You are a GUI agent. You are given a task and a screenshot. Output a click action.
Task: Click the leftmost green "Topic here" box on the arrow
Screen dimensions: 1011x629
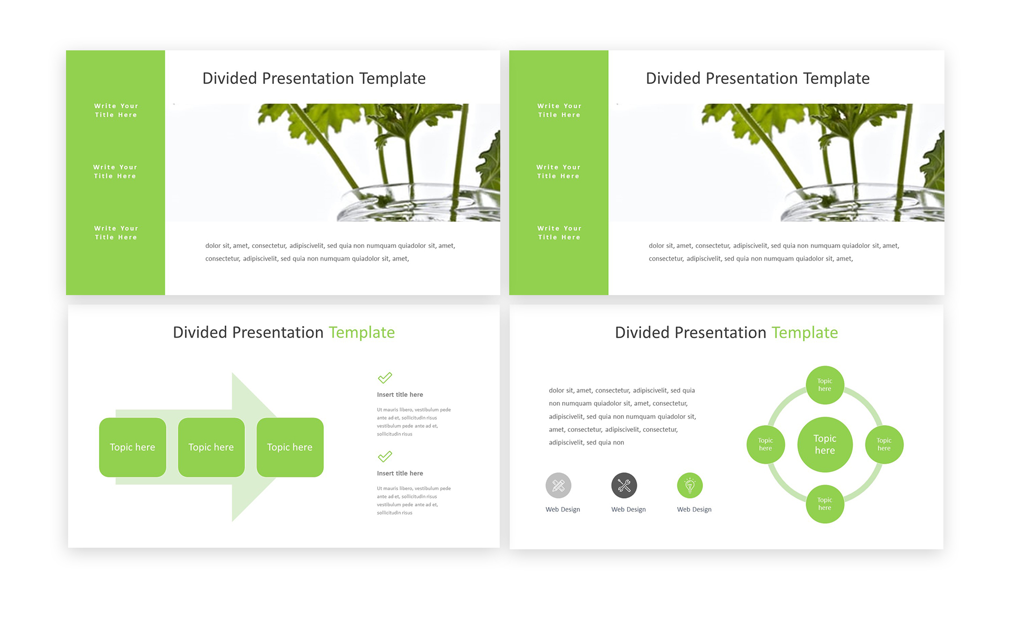pos(133,447)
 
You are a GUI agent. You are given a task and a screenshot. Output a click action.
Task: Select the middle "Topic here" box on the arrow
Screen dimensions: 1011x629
pos(211,447)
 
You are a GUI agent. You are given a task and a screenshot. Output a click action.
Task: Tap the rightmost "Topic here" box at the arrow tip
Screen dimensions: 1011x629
pos(290,447)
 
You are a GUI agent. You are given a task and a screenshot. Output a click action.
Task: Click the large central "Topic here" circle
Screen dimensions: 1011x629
pos(825,444)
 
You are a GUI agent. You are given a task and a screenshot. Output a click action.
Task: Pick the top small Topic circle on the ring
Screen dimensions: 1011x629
pos(825,385)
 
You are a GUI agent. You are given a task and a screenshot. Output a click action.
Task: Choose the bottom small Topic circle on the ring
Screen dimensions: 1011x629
pos(825,504)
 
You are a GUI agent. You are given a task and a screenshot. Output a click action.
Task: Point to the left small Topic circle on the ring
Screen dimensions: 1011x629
pos(765,444)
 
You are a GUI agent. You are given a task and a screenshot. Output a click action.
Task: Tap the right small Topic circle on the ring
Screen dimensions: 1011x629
pos(884,444)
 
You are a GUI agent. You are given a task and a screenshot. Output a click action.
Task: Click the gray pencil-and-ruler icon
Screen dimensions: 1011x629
pos(558,485)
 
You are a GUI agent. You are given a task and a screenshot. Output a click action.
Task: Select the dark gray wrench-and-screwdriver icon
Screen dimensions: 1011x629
pos(624,485)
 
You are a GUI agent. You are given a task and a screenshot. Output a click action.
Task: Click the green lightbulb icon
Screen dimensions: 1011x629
pos(690,485)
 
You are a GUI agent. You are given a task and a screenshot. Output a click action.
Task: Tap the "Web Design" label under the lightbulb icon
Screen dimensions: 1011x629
pos(694,509)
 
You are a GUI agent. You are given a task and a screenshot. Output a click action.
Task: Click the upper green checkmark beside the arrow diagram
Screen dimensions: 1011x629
pos(385,377)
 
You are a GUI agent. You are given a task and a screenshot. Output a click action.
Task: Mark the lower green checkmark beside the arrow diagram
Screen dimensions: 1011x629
pos(385,456)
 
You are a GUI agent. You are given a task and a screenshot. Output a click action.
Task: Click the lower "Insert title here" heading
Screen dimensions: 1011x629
pos(400,473)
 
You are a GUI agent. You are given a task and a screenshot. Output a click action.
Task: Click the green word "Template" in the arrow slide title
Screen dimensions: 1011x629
pos(361,332)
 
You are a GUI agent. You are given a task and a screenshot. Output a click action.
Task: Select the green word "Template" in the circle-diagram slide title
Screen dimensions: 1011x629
pos(805,332)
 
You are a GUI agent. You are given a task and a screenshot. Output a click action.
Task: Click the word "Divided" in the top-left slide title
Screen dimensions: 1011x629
pos(229,78)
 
